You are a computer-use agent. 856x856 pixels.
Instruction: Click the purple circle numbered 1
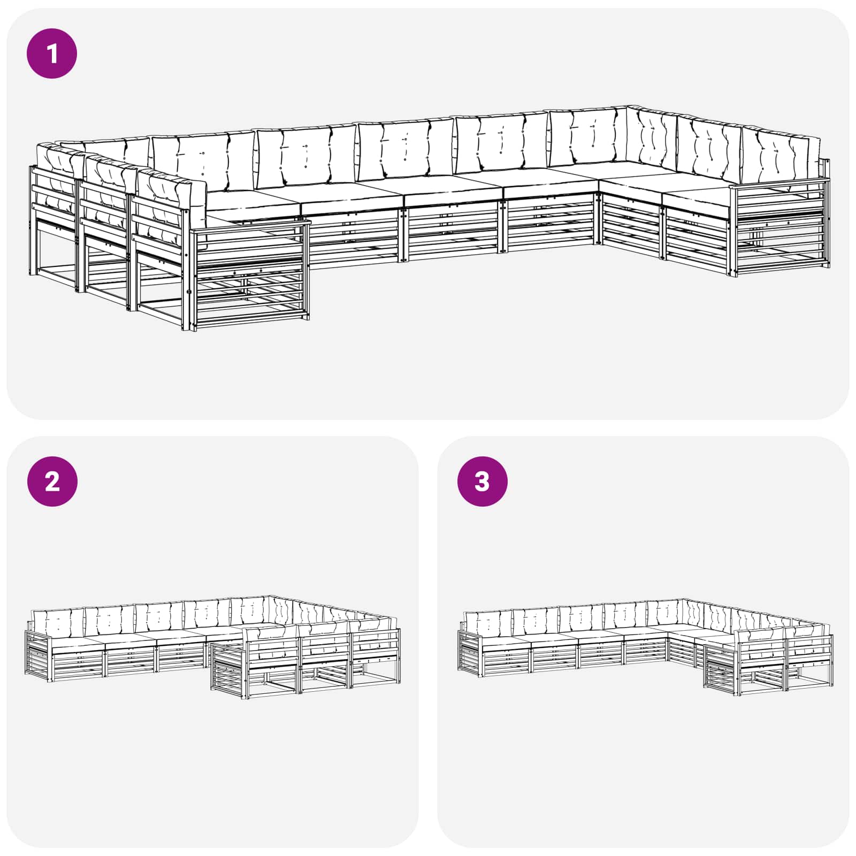coord(52,53)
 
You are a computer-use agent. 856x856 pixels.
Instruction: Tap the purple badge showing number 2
coord(52,481)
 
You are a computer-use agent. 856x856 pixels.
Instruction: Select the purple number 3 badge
coord(482,481)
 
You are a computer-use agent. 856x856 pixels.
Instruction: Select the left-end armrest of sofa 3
coord(471,651)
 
